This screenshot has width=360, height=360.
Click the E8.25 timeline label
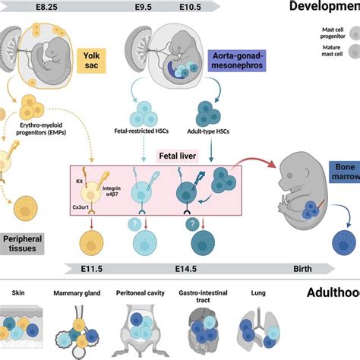[x=24, y=5]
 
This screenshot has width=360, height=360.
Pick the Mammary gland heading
[x=81, y=292]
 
